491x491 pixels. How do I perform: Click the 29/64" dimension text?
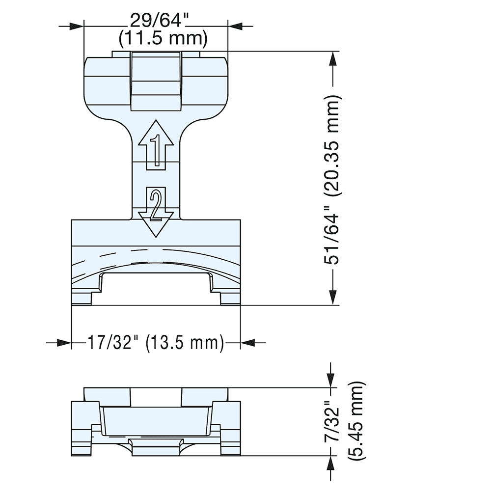156,21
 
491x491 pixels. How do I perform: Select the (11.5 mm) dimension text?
156,37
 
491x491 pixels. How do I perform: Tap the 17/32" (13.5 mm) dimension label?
156,342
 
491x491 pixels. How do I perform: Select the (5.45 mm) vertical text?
356,422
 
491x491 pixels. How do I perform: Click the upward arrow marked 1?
156,144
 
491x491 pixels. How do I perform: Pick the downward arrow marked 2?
156,212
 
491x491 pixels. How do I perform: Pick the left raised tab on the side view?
108,397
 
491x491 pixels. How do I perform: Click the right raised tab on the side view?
205,397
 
